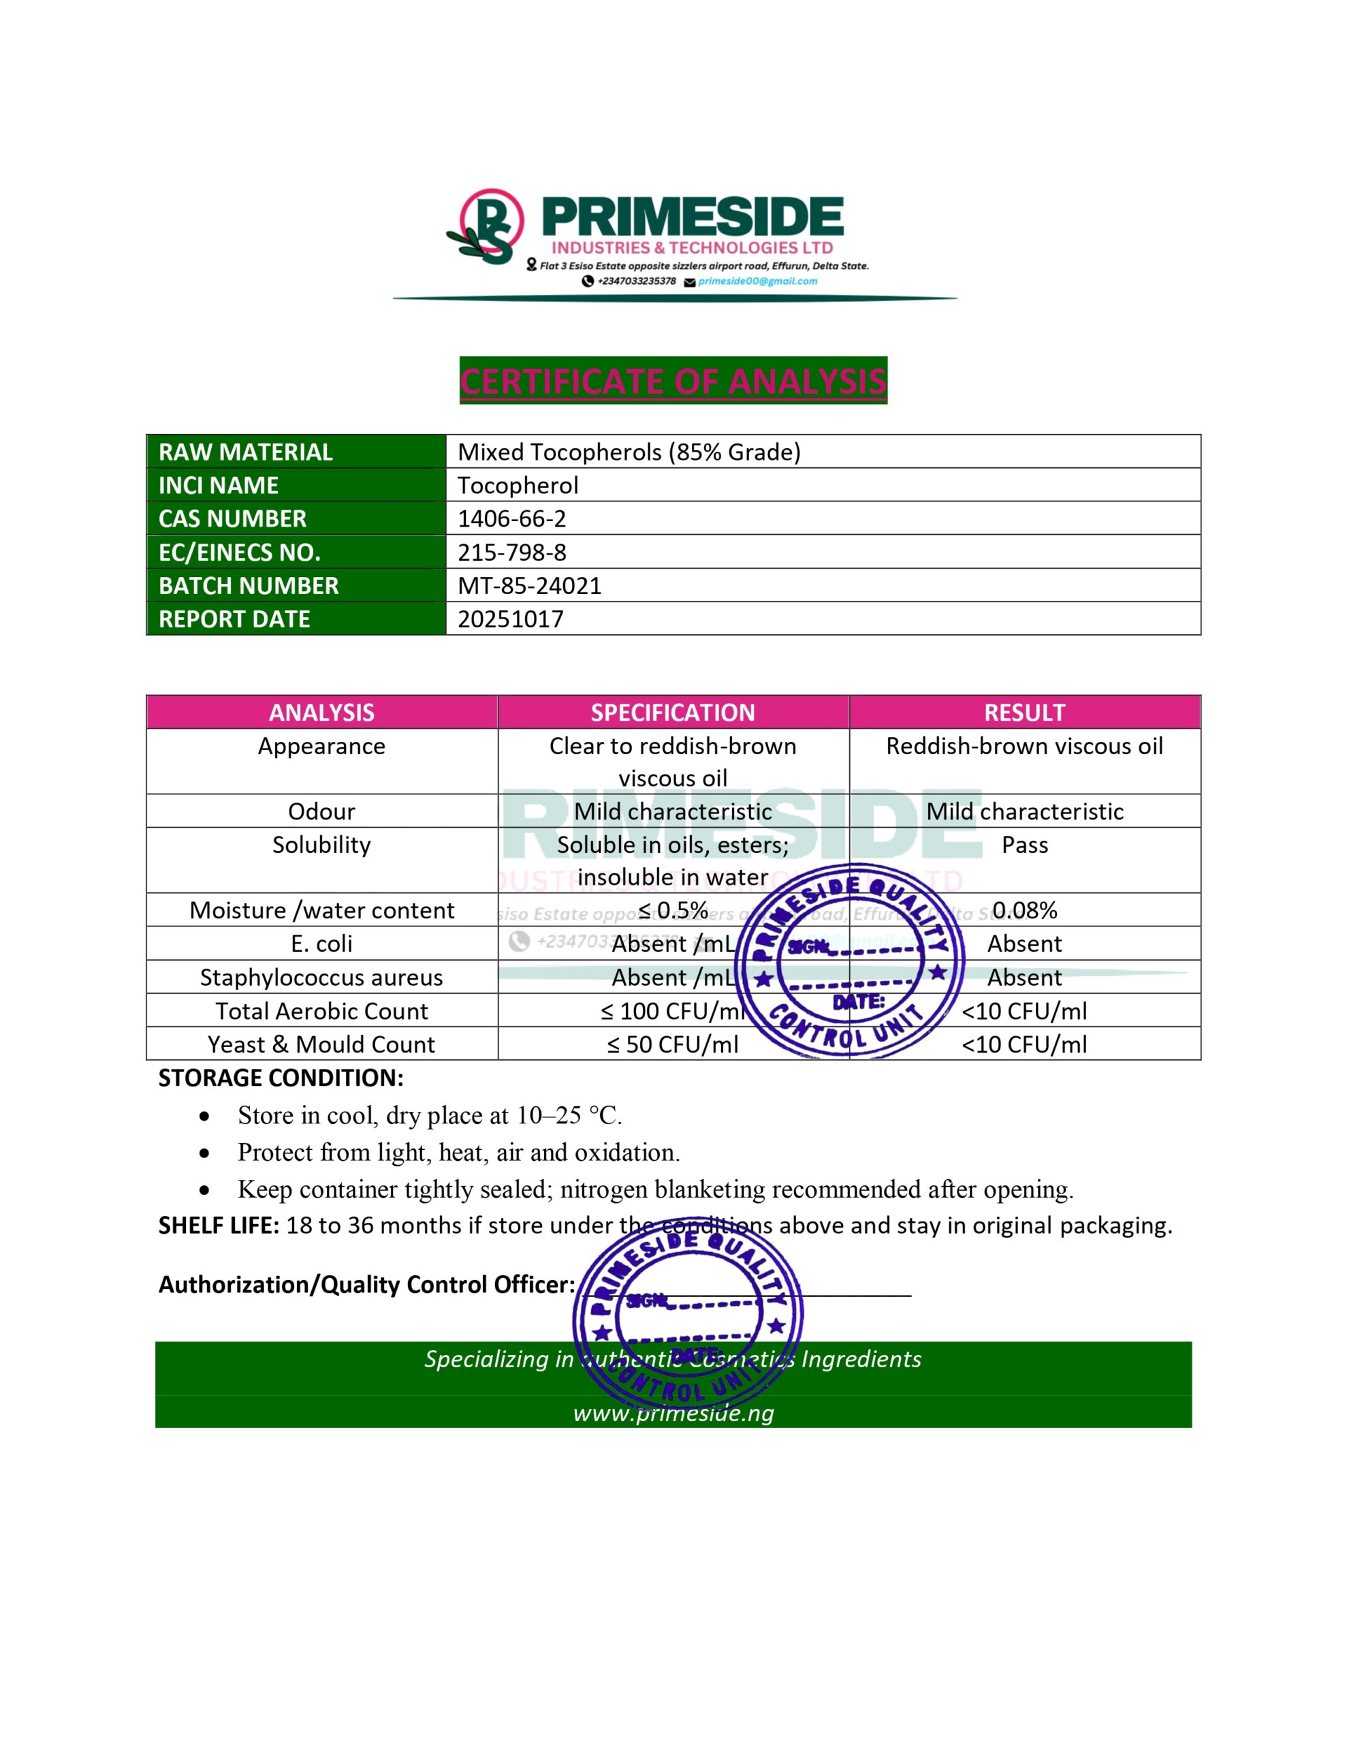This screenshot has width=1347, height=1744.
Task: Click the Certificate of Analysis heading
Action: [x=673, y=381]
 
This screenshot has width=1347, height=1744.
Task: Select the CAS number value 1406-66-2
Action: [x=512, y=519]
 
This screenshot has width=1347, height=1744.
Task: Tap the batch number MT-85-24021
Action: [x=529, y=586]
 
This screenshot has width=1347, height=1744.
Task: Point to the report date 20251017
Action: [x=511, y=620]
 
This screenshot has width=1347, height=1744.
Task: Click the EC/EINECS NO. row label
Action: [x=240, y=552]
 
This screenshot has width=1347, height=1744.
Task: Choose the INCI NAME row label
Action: [x=219, y=486]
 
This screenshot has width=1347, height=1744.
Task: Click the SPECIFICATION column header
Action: [x=673, y=713]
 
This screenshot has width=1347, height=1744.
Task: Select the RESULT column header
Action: [x=1024, y=713]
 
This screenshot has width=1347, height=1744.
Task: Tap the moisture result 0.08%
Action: [x=1024, y=910]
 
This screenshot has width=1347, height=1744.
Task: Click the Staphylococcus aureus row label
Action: [x=322, y=978]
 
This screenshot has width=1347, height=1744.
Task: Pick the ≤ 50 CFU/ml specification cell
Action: [x=673, y=1044]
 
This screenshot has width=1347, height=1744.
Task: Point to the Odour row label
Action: [x=322, y=811]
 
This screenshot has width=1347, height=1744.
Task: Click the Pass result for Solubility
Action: [x=1024, y=845]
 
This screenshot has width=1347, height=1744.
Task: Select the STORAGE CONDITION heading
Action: [x=281, y=1078]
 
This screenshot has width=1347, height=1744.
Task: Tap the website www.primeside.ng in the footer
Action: [x=673, y=1414]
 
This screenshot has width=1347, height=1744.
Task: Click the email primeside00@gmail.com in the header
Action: [x=758, y=281]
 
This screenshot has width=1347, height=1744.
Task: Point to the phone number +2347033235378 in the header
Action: [x=636, y=281]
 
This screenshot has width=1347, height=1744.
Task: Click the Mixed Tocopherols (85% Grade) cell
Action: [x=629, y=452]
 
